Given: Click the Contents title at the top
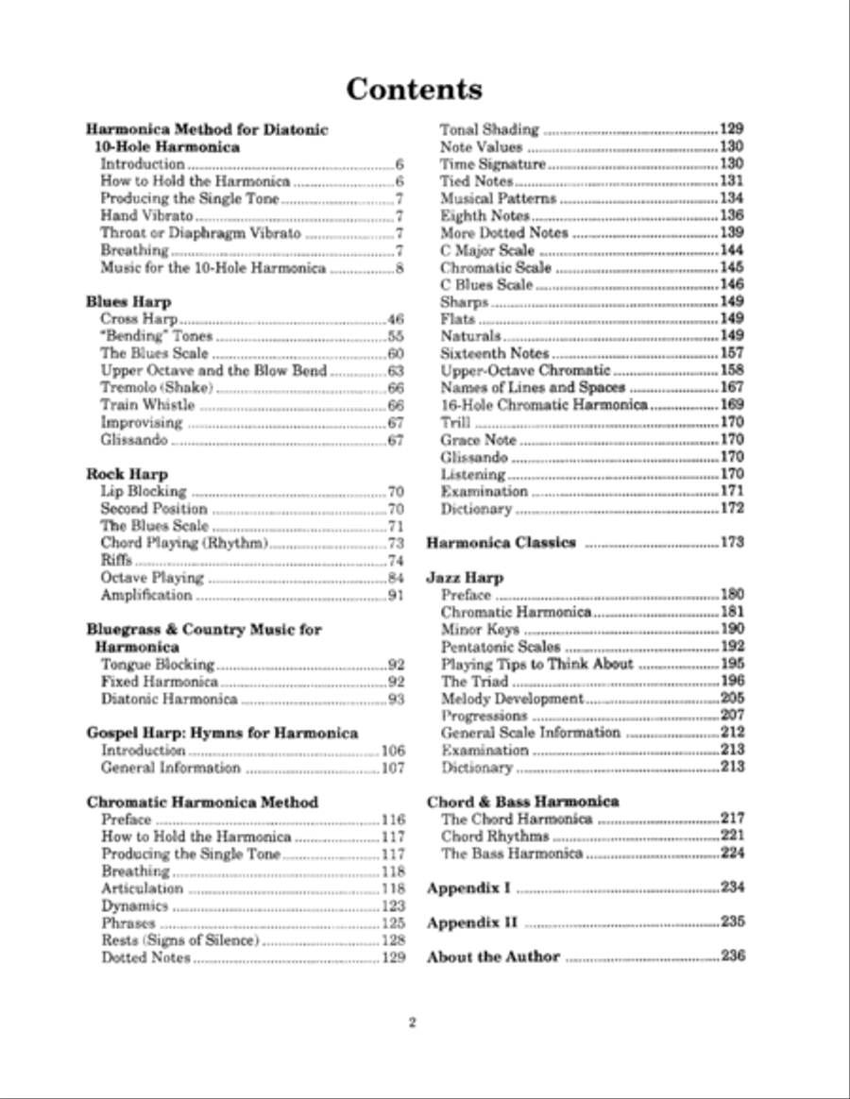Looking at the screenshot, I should [414, 90].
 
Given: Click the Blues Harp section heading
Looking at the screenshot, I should [128, 302].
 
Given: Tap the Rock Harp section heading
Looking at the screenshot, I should [127, 474].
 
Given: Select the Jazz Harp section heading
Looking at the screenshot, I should [465, 578].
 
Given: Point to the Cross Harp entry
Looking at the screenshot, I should [139, 319].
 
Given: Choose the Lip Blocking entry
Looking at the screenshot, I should [144, 491].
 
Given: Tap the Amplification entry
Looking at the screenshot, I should [146, 595].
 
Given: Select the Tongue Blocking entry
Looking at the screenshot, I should [158, 664].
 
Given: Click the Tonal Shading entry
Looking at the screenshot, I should [489, 129].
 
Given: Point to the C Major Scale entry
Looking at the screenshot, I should [487, 250].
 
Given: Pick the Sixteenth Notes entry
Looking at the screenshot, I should [494, 353].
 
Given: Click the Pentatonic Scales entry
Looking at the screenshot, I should [501, 647].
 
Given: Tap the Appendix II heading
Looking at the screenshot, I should [467, 922].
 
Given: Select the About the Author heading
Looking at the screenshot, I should [493, 956].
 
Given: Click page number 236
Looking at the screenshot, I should [733, 955].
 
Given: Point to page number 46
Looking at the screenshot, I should [396, 320].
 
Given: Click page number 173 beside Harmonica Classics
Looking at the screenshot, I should [733, 543].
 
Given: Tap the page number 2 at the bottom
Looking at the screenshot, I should [413, 1023].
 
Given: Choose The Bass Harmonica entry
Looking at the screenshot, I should [512, 854].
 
